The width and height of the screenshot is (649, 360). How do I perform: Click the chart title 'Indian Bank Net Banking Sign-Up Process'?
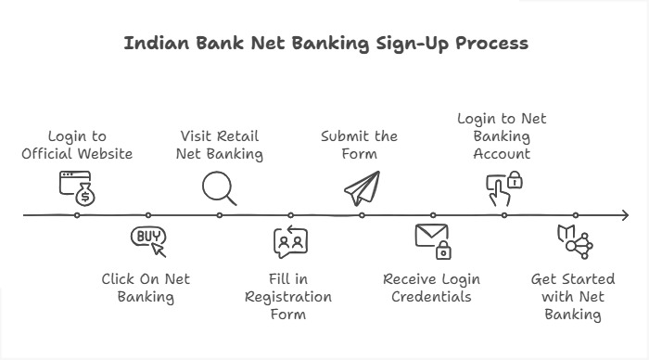click(x=325, y=44)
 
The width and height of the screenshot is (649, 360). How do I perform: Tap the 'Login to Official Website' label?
click(x=77, y=144)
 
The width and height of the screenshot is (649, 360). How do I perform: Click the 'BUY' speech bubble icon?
click(x=148, y=240)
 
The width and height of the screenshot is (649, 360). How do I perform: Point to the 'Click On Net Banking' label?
click(x=146, y=288)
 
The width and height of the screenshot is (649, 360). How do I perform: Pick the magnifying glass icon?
click(x=220, y=188)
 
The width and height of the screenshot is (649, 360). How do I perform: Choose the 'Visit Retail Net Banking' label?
click(x=220, y=144)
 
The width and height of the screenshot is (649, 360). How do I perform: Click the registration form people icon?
click(x=289, y=241)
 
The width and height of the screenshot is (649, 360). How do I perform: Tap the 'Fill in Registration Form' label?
click(x=288, y=297)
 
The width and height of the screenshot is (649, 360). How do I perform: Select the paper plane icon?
click(x=362, y=188)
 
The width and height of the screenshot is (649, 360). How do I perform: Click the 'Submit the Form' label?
click(x=360, y=144)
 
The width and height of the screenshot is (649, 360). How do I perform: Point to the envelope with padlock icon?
click(x=432, y=240)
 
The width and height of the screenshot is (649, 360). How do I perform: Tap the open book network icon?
click(x=574, y=240)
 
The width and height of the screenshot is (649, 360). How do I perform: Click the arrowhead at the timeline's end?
click(x=623, y=215)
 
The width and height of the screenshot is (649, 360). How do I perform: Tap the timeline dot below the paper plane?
click(x=362, y=215)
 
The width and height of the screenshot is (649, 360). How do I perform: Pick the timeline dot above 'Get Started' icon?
click(x=575, y=215)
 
